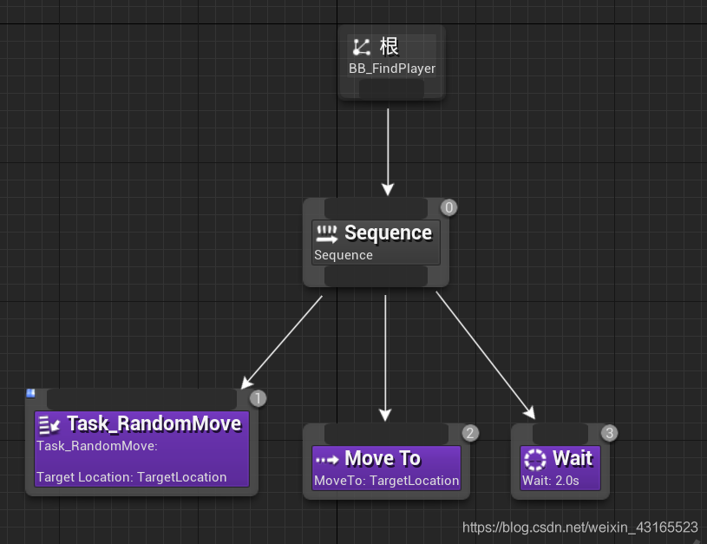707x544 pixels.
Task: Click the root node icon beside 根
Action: coord(361,47)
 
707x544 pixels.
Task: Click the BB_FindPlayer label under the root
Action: coord(392,69)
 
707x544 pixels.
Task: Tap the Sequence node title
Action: coord(388,233)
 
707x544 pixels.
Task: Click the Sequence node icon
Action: coord(326,233)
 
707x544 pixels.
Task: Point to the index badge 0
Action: coord(448,207)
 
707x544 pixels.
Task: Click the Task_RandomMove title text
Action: coord(154,423)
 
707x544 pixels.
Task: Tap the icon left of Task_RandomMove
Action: coord(49,424)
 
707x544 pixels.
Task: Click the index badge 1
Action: coord(258,398)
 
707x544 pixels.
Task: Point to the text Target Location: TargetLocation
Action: coord(132,476)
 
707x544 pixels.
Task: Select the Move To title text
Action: coord(383,458)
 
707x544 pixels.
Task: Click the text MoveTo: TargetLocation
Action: coord(386,481)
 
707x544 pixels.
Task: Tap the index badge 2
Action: coord(469,433)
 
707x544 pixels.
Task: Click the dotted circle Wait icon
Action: coord(535,459)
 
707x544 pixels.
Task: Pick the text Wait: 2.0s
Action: coord(550,481)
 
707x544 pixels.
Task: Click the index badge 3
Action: coord(609,433)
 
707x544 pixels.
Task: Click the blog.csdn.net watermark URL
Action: coord(579,528)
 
